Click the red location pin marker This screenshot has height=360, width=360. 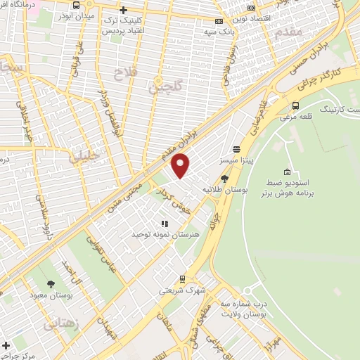[181, 165]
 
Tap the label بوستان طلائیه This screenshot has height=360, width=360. [221, 190]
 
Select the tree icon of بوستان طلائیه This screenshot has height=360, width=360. [225, 178]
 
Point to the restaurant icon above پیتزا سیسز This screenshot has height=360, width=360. [237, 149]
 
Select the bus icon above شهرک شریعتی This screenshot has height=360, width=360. [182, 279]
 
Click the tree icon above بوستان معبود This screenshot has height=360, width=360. [51, 284]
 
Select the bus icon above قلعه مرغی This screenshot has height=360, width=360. [295, 106]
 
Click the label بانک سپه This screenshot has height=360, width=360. [218, 32]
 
